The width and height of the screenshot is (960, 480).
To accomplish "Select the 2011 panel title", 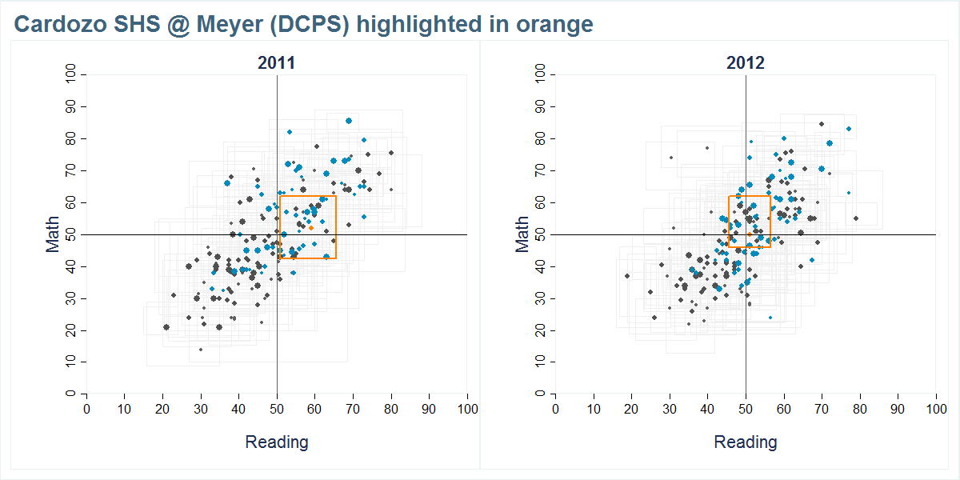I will coord(276,63).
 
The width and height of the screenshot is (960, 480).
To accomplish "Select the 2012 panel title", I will coord(745,63).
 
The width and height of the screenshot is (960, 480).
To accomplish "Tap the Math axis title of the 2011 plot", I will coord(53,234).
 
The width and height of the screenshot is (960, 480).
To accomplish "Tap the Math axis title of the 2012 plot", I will coord(522,234).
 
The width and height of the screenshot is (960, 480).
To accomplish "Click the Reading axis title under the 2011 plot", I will coord(276,442).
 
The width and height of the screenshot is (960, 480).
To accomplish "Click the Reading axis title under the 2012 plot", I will coord(745,442).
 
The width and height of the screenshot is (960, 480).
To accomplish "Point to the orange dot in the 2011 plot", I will coord(311,228).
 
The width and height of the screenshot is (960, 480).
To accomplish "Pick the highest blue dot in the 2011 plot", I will coord(349,121).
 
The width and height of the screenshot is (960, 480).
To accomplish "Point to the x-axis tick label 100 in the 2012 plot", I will coord(935,409).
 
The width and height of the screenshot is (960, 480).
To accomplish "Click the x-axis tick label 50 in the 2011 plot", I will coord(277,409).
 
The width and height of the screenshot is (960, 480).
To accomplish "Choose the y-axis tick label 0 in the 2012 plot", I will coord(546,394).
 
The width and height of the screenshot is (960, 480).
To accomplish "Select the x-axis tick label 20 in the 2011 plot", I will coord(162,409).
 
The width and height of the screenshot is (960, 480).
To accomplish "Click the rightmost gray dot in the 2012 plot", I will coord(855,218).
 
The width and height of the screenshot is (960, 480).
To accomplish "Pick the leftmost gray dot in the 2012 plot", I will coord(627,276).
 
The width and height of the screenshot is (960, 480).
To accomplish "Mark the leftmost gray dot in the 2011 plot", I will coord(166,327).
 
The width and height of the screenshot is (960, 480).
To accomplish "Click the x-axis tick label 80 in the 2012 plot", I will coord(860,409).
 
